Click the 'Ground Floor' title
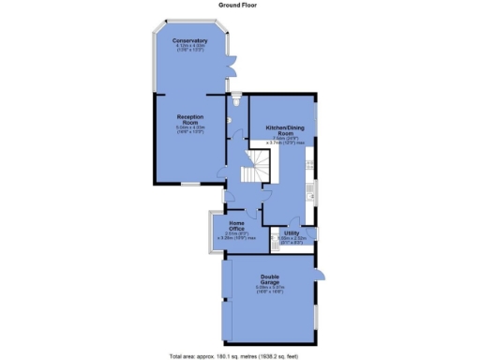point(240,5)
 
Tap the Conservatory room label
point(189,42)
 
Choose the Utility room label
point(291,232)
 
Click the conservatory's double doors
point(231,68)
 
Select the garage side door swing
point(320,275)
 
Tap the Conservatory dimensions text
point(189,51)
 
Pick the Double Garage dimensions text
point(272,292)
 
